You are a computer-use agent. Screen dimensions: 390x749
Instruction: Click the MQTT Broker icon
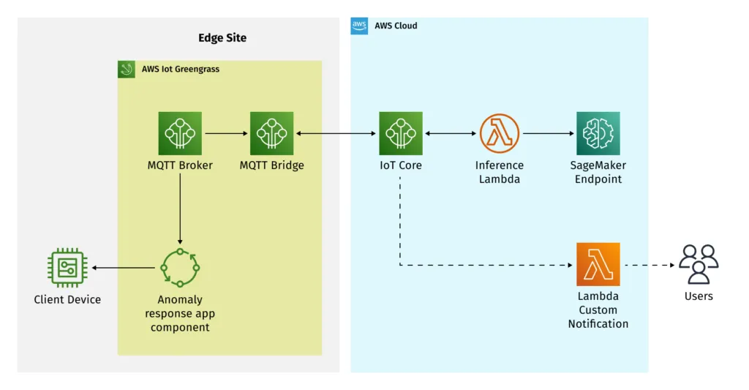(x=180, y=133)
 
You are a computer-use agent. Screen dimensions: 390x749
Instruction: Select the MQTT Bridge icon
(x=271, y=133)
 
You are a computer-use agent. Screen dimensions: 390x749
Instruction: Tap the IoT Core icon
(x=400, y=133)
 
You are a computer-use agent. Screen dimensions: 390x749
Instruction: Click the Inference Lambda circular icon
(x=499, y=133)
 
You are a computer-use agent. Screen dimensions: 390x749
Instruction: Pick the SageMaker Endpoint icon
(x=598, y=133)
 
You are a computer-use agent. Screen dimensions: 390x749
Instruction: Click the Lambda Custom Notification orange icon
(x=598, y=264)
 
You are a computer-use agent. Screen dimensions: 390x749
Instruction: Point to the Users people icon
(x=699, y=264)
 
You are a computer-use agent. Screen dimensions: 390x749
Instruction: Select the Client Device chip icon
(x=67, y=268)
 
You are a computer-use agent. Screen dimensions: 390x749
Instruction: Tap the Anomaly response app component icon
(x=180, y=268)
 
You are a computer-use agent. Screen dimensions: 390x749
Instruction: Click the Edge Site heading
(x=222, y=38)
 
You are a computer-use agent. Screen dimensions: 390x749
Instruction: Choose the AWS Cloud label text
(x=396, y=26)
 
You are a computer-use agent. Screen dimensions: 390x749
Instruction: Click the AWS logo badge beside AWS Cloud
(x=359, y=26)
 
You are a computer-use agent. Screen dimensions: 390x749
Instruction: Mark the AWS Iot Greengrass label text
(x=181, y=70)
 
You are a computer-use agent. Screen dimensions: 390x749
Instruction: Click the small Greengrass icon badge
(x=127, y=70)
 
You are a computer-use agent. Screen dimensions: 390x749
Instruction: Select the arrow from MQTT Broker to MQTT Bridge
(x=226, y=134)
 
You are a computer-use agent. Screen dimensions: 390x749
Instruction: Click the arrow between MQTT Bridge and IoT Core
(x=336, y=134)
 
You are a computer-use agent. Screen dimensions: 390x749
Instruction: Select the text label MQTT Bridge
(x=271, y=165)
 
